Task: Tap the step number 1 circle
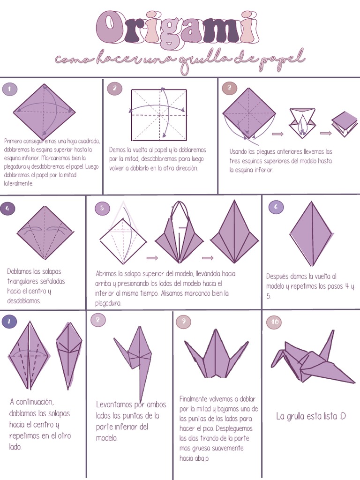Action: [x=9, y=89]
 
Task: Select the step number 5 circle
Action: [x=102, y=208]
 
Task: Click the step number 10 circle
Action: [x=274, y=322]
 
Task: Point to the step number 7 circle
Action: [x=9, y=322]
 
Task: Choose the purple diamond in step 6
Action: [x=311, y=233]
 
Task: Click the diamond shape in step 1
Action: [x=44, y=112]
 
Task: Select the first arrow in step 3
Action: [x=278, y=134]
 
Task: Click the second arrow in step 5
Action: [x=208, y=258]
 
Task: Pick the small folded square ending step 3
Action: [x=345, y=123]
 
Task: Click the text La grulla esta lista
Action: [x=311, y=416]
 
